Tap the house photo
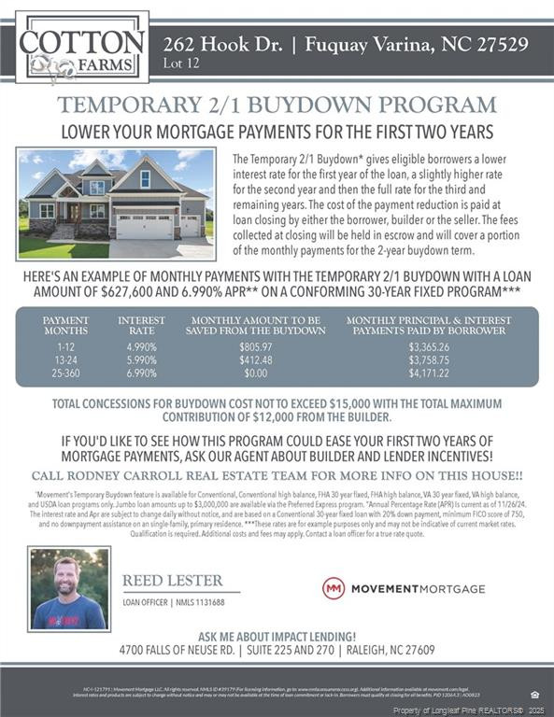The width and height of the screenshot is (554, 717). tap(117, 204)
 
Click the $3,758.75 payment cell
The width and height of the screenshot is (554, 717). tap(429, 360)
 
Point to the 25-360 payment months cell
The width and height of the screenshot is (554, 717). tap(65, 373)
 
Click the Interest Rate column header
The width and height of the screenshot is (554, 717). tap(141, 325)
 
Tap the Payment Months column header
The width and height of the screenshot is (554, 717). tap(65, 325)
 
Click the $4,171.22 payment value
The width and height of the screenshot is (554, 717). tap(429, 373)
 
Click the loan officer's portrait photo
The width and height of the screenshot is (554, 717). tap(69, 589)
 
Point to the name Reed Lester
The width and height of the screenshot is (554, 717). tap(172, 582)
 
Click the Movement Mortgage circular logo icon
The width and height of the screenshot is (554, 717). tap(334, 588)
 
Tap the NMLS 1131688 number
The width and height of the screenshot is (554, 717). tap(197, 603)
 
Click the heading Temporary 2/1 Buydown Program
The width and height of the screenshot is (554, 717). tap(277, 105)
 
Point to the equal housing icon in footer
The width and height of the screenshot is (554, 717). tap(533, 695)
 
